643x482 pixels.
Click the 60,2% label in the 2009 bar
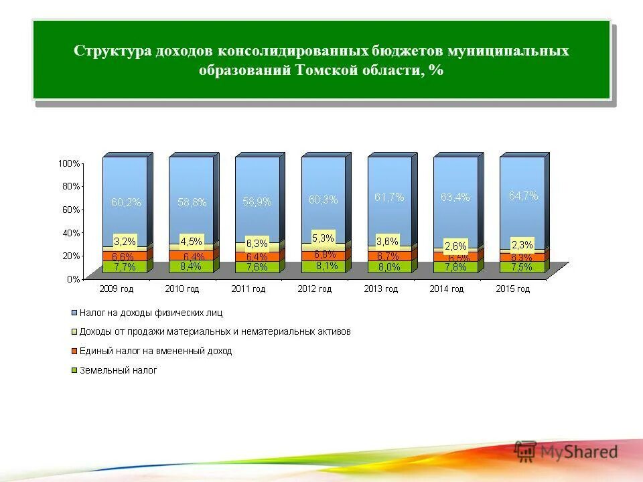126,203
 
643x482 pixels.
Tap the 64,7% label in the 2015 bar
523,196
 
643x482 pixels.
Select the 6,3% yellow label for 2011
257,244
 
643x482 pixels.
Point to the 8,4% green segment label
191,266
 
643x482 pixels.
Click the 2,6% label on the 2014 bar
455,246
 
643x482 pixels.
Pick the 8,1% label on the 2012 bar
324,265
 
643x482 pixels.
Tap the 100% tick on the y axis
69,163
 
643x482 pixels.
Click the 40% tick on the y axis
71,232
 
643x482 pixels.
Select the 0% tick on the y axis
73,278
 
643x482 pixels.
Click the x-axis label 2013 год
381,289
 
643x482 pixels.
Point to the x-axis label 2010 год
182,289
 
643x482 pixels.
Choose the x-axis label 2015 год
513,289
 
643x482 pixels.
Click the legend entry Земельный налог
118,370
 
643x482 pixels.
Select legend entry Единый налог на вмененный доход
155,351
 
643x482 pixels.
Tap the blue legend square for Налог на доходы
74,313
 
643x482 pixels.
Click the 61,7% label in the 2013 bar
389,197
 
